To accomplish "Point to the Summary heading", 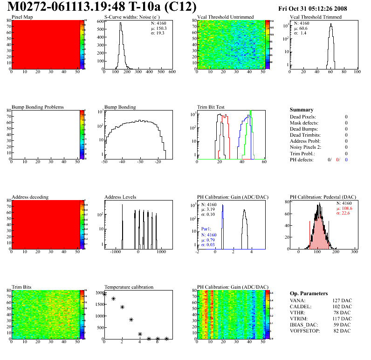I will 302,110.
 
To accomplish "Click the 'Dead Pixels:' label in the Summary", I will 302,117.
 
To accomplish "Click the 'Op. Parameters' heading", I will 309,293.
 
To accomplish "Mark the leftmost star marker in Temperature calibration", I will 105,294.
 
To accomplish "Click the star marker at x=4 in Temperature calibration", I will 140,334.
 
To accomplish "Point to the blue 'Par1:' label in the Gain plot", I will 206,229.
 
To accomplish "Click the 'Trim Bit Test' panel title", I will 211,107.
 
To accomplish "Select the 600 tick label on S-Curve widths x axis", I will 172,72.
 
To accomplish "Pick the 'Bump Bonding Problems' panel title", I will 38,107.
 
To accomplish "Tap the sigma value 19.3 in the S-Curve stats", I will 161,33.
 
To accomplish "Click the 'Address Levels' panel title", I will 120,197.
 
